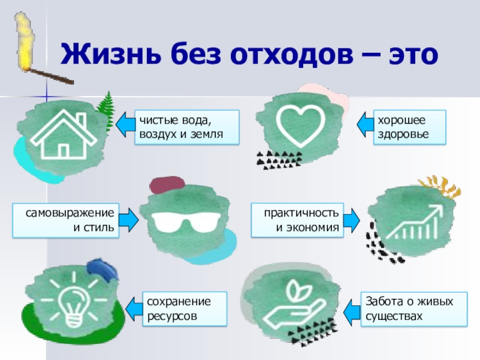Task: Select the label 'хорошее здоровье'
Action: coord(410,127)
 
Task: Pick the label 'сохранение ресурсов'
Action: coord(185,308)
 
